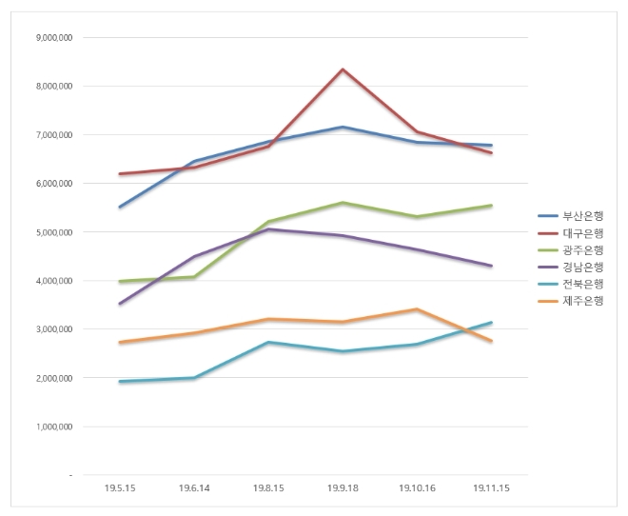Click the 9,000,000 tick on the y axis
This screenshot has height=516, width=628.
point(54,37)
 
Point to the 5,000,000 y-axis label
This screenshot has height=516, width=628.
point(54,231)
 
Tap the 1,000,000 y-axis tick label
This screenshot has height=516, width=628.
point(54,427)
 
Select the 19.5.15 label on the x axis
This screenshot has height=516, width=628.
point(120,486)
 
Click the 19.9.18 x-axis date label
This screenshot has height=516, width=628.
point(343,486)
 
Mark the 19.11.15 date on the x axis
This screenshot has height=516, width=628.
point(491,486)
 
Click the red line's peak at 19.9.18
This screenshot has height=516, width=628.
point(343,69)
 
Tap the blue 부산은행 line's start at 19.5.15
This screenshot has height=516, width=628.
point(120,207)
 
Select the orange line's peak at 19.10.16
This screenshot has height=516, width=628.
point(417,308)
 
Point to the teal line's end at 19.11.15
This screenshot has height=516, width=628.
point(491,323)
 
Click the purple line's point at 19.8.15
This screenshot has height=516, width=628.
point(268,228)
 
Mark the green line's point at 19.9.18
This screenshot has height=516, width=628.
point(343,203)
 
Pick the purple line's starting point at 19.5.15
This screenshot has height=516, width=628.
point(120,304)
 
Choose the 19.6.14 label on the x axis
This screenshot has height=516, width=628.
point(194,486)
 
